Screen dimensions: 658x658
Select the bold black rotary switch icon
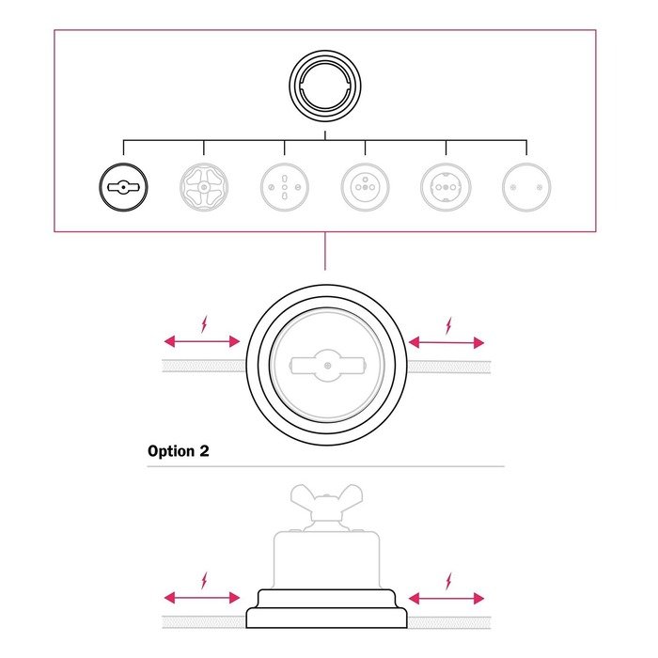coord(123,188)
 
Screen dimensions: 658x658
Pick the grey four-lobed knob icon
coord(204,188)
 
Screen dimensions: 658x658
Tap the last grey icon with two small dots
coord(525,188)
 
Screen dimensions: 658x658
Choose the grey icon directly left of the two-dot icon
coord(446,188)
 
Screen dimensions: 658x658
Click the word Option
coord(171,451)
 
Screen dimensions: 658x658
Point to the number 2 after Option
coord(204,451)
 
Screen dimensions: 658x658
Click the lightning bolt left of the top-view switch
coord(206,325)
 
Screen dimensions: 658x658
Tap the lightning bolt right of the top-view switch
coord(448,325)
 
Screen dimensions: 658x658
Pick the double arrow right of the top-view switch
coord(447,342)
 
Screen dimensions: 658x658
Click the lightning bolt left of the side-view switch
coord(206,580)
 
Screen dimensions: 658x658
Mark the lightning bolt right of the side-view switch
coord(448,580)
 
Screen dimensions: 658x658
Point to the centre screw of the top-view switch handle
coord(325,365)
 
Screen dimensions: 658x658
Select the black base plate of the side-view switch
coord(325,616)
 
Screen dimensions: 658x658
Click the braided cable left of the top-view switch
coord(203,366)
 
